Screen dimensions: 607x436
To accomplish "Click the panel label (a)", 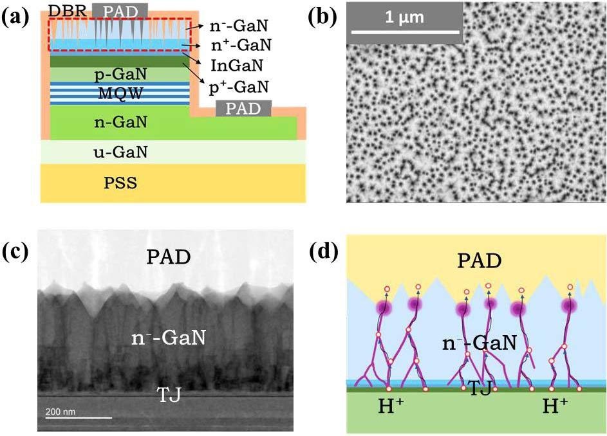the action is point(15,18).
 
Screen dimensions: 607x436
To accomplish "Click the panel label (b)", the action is point(322,18).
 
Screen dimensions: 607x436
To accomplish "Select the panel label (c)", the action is point(15,252).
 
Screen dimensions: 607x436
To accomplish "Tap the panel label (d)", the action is point(324,252).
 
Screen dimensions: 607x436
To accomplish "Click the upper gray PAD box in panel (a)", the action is point(120,11).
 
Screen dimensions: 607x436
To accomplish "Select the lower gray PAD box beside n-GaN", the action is point(243,108).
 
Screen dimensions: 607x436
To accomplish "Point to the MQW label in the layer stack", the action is point(121,93).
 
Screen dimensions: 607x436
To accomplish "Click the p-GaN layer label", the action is point(121,75).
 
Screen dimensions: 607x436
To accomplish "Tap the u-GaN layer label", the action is point(121,152).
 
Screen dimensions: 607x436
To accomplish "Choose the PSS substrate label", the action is point(120,183).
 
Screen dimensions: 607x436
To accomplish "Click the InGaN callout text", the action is point(237,66).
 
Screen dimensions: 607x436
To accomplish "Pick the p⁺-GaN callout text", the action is point(239,87).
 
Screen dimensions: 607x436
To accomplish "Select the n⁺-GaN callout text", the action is point(241,45).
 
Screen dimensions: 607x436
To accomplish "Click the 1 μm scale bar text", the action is point(404,17).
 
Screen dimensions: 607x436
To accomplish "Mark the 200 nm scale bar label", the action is point(61,412).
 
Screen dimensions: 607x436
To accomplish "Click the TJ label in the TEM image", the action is point(169,395).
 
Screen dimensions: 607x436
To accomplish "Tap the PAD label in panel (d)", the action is point(480,260).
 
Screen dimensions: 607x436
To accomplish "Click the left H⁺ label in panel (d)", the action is point(391,407).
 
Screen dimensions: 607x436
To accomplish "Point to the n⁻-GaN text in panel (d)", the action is point(480,343).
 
